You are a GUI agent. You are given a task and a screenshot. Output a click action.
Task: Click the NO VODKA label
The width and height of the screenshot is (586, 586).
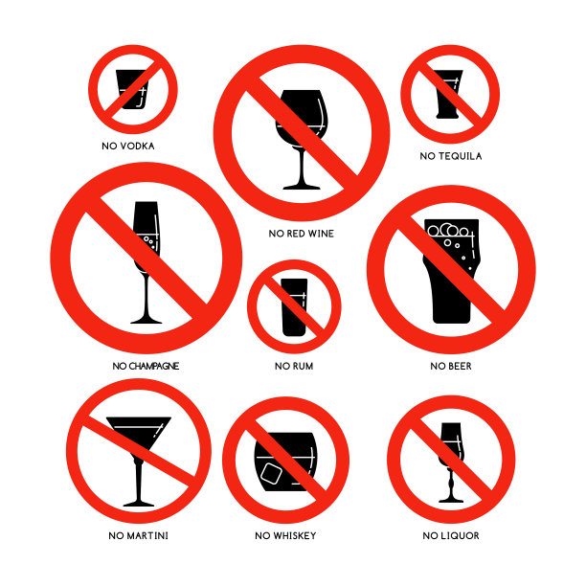(x=128, y=146)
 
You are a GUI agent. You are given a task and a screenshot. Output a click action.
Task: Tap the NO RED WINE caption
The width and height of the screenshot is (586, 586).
(x=302, y=234)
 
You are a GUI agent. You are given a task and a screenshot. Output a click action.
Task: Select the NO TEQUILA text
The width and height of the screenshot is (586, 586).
(x=451, y=156)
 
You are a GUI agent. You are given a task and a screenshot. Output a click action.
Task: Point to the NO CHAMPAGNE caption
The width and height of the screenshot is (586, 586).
(x=146, y=366)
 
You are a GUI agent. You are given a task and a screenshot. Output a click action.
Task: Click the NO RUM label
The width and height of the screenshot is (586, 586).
(x=294, y=366)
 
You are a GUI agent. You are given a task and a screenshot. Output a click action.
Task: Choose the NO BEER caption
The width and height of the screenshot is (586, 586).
(x=451, y=366)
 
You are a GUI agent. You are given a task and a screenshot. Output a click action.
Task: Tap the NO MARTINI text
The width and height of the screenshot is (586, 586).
(x=138, y=536)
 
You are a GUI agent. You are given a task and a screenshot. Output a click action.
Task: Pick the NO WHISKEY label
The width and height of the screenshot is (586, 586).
(x=285, y=536)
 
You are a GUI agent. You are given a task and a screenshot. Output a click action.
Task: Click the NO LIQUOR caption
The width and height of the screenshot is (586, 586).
(x=451, y=536)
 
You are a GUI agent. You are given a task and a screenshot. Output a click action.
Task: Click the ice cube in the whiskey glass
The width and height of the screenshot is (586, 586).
(x=271, y=474)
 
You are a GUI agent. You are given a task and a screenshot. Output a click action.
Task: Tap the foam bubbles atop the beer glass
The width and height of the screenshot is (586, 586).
(x=448, y=230)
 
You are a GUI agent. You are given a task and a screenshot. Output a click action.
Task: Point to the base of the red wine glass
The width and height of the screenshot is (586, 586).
(x=302, y=187)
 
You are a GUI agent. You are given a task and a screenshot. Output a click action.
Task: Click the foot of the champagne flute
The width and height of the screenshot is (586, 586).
(x=146, y=321)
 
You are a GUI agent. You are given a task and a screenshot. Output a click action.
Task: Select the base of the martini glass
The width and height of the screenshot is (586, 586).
(x=139, y=505)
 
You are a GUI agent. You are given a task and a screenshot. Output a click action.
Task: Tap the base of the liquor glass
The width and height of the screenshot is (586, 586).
(x=451, y=500)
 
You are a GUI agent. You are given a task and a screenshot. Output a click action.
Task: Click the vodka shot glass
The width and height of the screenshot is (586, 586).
(x=132, y=89)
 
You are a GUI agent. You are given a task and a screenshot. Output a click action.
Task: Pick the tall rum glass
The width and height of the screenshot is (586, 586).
(x=294, y=307)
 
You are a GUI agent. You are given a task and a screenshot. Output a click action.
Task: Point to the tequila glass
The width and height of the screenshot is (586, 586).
(x=447, y=94)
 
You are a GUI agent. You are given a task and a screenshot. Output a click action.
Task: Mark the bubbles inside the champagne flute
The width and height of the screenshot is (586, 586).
(x=149, y=242)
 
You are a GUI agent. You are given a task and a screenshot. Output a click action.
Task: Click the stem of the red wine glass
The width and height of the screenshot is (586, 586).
(x=302, y=166)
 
